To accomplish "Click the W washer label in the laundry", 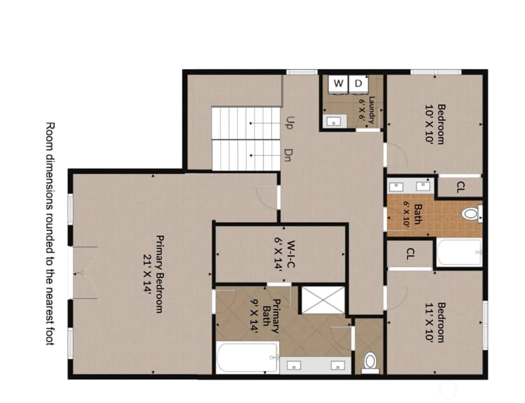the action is click(339, 83).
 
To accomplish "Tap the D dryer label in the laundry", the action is click(358, 83).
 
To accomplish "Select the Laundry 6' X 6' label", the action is click(367, 110).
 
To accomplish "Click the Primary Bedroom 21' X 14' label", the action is click(153, 274).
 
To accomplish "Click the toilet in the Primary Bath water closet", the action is click(370, 363).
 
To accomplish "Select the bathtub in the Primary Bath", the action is click(247, 357).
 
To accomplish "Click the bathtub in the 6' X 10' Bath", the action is click(459, 252).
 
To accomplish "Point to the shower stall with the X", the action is click(323, 300).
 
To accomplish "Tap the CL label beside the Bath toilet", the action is click(461, 187).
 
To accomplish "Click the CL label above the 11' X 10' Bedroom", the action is click(410, 254).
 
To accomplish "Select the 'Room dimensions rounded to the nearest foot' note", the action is click(50, 234).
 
